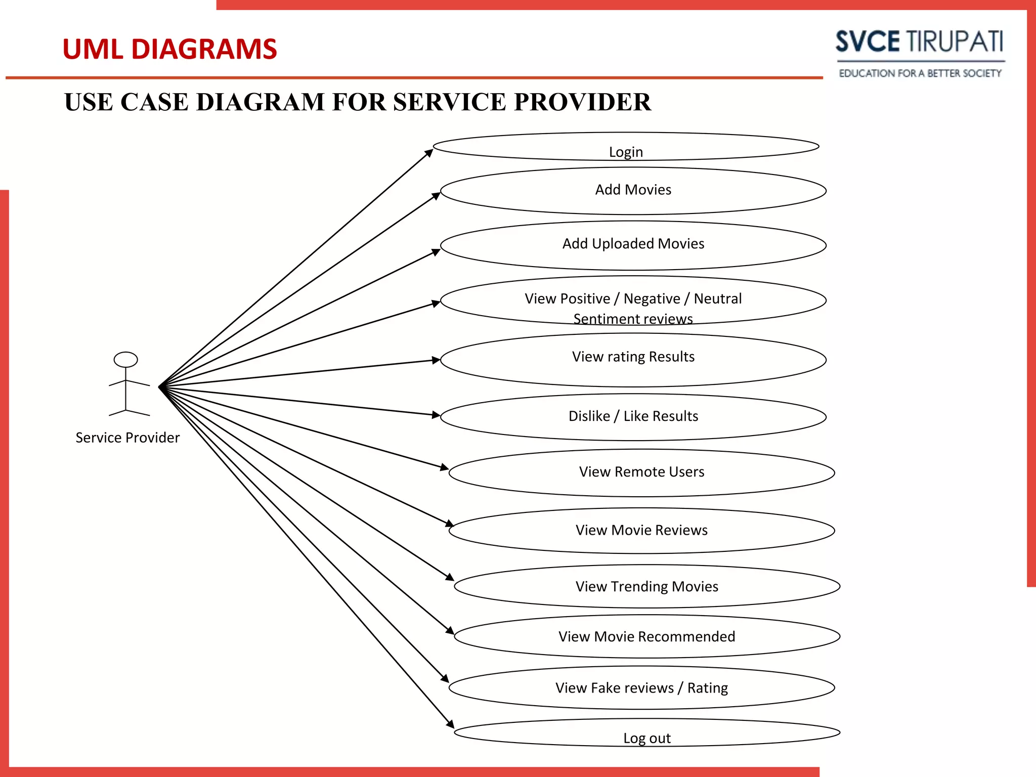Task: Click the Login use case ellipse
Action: click(x=626, y=147)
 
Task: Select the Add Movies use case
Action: click(x=633, y=191)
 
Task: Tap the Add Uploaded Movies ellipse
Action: click(x=633, y=245)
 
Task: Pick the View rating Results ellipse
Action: click(x=633, y=359)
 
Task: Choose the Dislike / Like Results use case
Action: click(x=633, y=417)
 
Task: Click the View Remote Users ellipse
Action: click(x=641, y=472)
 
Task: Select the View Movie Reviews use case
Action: click(x=641, y=530)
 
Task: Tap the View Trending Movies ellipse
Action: click(x=646, y=586)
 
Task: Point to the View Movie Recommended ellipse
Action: click(x=646, y=636)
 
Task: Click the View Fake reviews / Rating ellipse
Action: click(x=641, y=687)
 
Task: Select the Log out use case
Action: click(x=646, y=733)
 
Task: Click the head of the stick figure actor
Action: click(x=125, y=359)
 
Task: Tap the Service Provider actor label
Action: click(x=127, y=438)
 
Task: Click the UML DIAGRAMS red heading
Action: click(x=169, y=49)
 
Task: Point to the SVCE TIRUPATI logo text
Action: click(x=919, y=41)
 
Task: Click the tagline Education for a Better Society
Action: click(x=920, y=73)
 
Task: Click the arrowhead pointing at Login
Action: click(x=429, y=152)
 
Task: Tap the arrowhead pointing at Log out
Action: click(x=450, y=724)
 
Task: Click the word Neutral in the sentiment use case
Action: click(x=717, y=298)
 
